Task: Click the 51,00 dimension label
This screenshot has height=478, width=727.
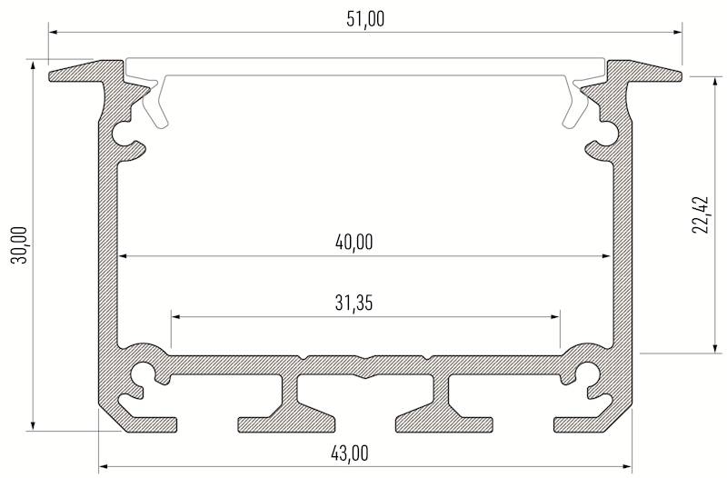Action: click(365, 18)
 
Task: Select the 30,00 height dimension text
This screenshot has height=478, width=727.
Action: click(19, 245)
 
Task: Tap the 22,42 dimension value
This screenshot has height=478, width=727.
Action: click(700, 214)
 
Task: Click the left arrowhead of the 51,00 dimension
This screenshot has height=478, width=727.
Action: click(53, 33)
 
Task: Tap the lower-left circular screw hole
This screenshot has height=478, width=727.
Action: click(143, 373)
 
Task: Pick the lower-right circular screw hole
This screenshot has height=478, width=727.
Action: click(586, 373)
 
